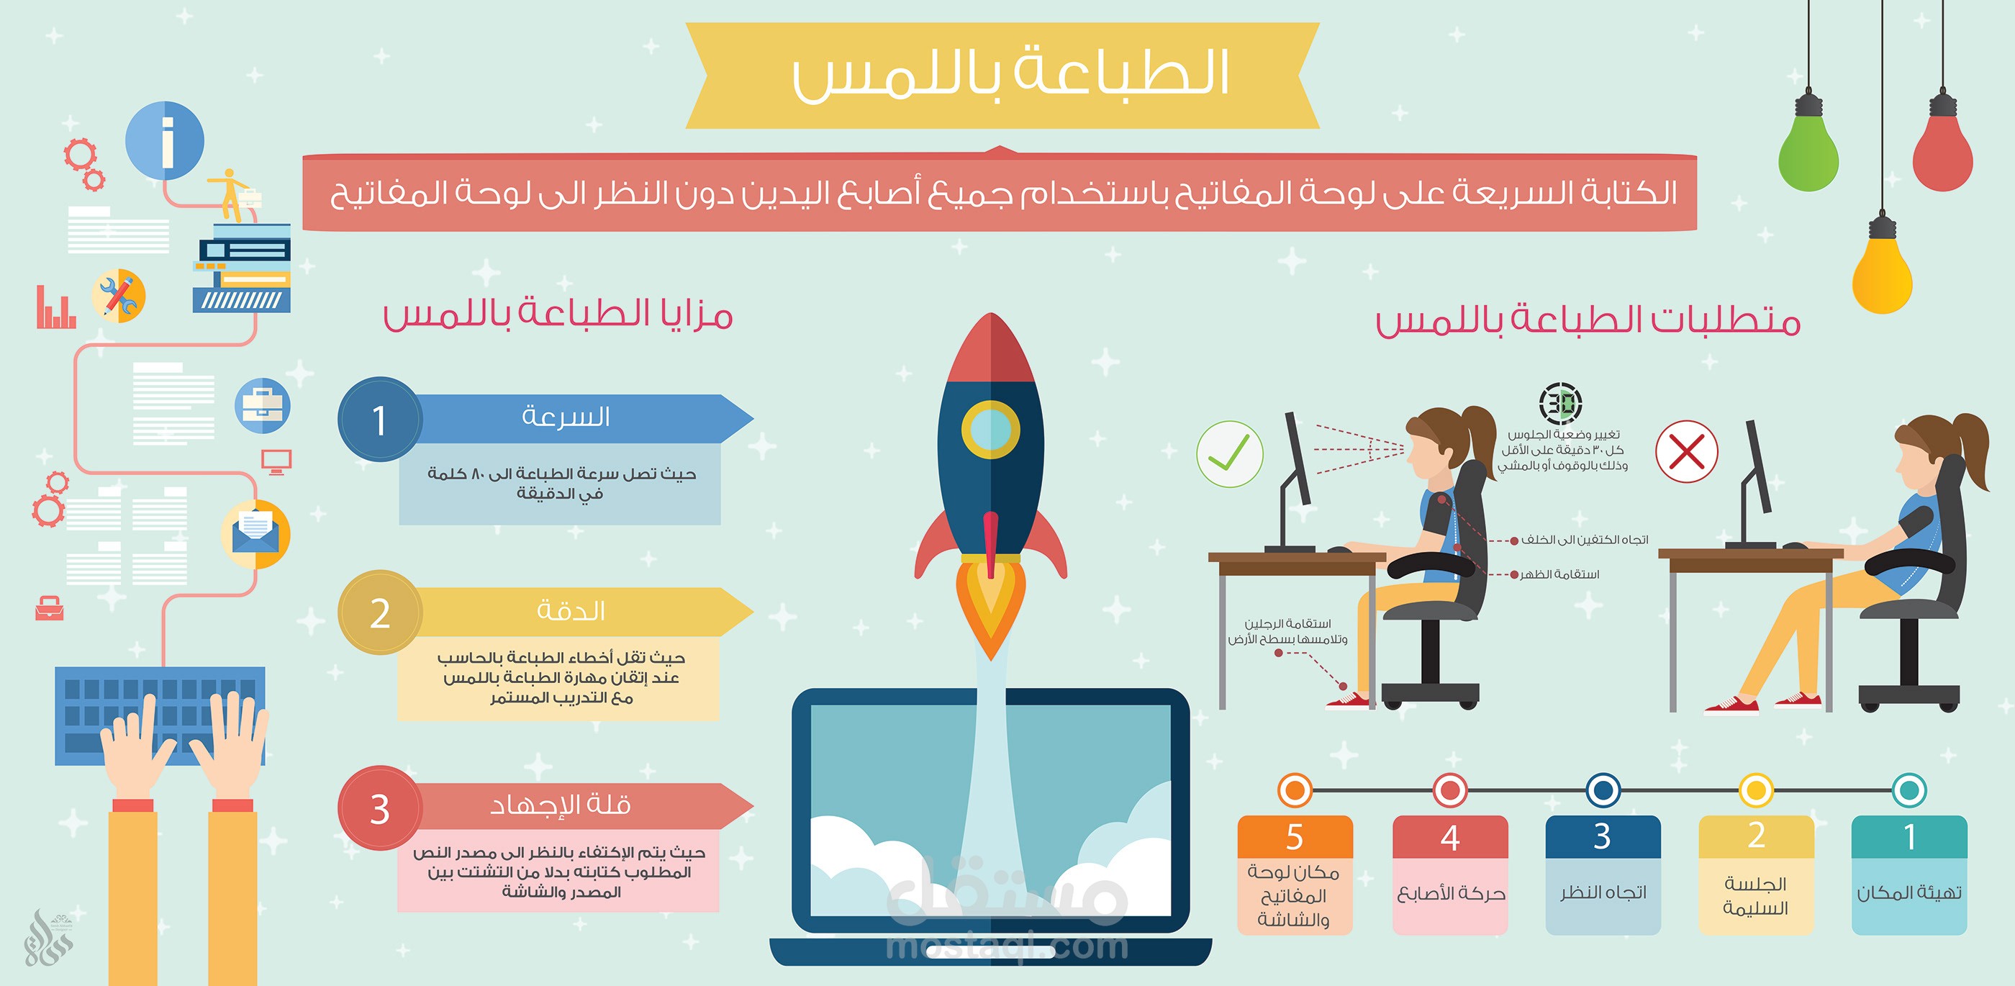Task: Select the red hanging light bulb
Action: tap(1942, 153)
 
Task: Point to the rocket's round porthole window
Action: tap(990, 429)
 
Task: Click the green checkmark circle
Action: tap(1229, 454)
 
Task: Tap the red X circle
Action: tap(1686, 451)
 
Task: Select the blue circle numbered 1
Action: tap(380, 420)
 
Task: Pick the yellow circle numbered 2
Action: tap(380, 612)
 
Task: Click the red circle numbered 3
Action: tap(380, 808)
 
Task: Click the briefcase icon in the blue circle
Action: tap(262, 405)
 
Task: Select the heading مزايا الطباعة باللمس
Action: tap(558, 315)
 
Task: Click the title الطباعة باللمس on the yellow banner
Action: tap(1009, 75)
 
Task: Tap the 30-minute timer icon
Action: tap(1560, 404)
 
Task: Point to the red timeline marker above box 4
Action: tap(1449, 790)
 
